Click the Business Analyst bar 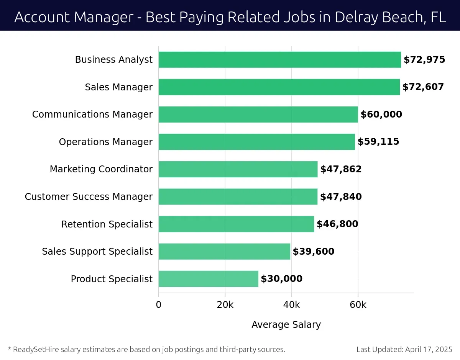click(x=279, y=60)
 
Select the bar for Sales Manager click(x=279, y=87)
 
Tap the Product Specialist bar click(x=208, y=279)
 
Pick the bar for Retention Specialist click(x=236, y=224)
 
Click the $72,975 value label click(x=424, y=60)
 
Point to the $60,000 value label click(x=381, y=115)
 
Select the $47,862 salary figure click(x=341, y=169)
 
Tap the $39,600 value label click(x=314, y=252)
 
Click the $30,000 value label click(x=281, y=279)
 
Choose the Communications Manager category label click(x=92, y=115)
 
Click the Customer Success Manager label click(x=89, y=197)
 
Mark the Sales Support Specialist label click(x=97, y=252)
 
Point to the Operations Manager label click(x=105, y=142)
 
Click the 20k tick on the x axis click(x=225, y=305)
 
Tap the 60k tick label click(x=358, y=305)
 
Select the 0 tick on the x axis click(x=159, y=305)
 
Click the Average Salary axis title click(x=286, y=325)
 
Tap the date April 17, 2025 click(x=428, y=349)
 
